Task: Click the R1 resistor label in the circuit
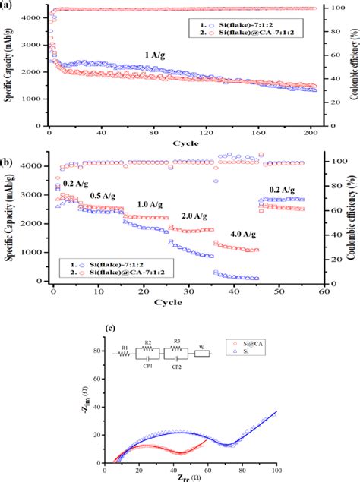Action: point(125,346)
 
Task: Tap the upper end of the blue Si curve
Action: point(276,412)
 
